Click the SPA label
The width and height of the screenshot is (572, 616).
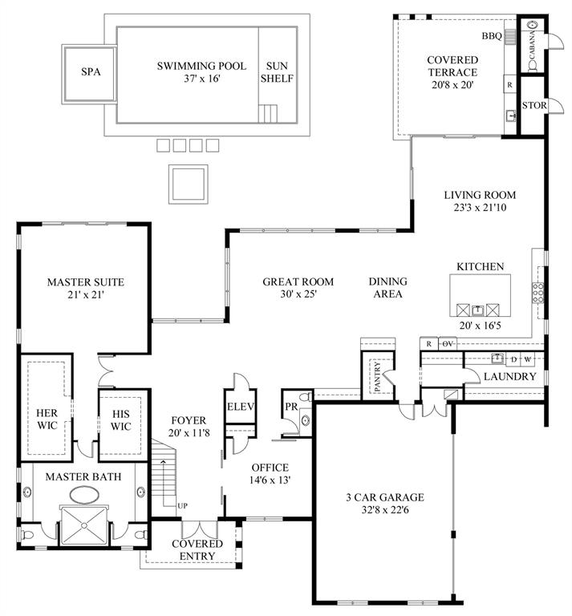click(91, 71)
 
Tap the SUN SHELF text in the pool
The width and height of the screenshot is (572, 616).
click(279, 71)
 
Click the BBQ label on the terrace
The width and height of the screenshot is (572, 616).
click(490, 36)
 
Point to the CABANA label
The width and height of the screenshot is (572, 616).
click(533, 45)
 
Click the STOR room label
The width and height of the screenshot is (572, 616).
click(533, 106)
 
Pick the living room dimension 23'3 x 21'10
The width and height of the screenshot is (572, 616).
click(481, 208)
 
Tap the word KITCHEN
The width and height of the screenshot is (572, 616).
click(480, 266)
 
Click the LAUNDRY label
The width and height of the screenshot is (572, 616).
click(510, 376)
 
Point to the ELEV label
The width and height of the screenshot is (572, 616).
click(240, 407)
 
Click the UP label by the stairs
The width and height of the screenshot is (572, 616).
click(182, 506)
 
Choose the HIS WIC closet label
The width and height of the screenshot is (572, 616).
click(120, 419)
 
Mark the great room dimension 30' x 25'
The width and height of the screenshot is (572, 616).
click(298, 294)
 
